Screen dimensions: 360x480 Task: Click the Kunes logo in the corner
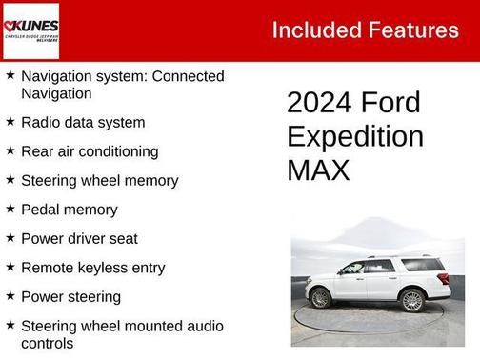[31, 30]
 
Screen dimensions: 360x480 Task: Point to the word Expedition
[354, 136]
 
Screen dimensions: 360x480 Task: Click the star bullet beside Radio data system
[10, 122]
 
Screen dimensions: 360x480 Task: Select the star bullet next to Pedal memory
[10, 209]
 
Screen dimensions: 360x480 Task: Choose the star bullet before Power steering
[10, 296]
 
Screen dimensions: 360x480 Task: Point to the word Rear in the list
[38, 151]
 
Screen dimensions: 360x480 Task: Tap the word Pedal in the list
[40, 210]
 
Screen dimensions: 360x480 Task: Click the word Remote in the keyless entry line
[48, 268]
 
